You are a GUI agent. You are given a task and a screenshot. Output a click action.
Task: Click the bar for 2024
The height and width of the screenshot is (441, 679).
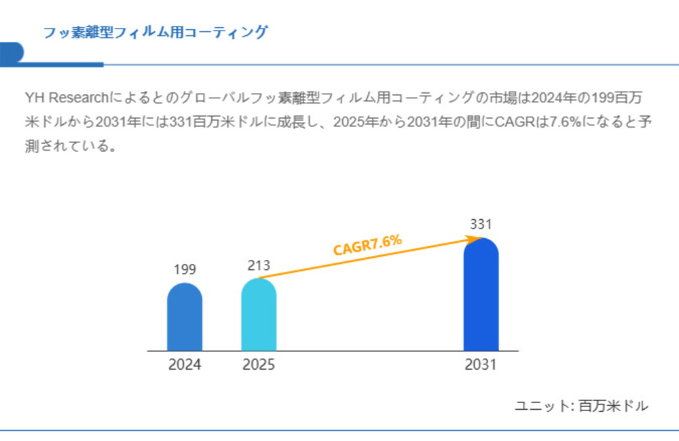pyautogui.click(x=185, y=318)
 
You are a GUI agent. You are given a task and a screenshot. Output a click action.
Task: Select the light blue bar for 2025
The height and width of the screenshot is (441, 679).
pyautogui.click(x=259, y=315)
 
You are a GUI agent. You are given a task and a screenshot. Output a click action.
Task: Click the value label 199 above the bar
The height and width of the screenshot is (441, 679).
pyautogui.click(x=185, y=270)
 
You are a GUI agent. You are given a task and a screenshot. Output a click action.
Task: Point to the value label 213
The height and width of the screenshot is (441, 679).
pyautogui.click(x=259, y=265)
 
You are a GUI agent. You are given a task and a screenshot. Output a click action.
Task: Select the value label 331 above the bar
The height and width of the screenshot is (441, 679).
pyautogui.click(x=481, y=224)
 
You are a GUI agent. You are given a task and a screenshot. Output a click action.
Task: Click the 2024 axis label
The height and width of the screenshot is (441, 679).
pyautogui.click(x=185, y=365)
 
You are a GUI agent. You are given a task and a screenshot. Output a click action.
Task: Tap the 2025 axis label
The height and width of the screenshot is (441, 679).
pyautogui.click(x=259, y=365)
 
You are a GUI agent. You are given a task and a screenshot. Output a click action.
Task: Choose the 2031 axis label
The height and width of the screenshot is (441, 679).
pyautogui.click(x=481, y=365)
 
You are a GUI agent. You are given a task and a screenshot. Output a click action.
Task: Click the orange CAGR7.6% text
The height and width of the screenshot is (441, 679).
pyautogui.click(x=367, y=245)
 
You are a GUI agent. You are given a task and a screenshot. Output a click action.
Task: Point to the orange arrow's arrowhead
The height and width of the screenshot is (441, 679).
pyautogui.click(x=476, y=238)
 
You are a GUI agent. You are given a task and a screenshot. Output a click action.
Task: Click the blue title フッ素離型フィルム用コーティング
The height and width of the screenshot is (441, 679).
pyautogui.click(x=155, y=32)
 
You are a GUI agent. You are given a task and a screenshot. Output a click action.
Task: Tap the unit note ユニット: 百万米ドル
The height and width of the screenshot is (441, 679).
pyautogui.click(x=581, y=406)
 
